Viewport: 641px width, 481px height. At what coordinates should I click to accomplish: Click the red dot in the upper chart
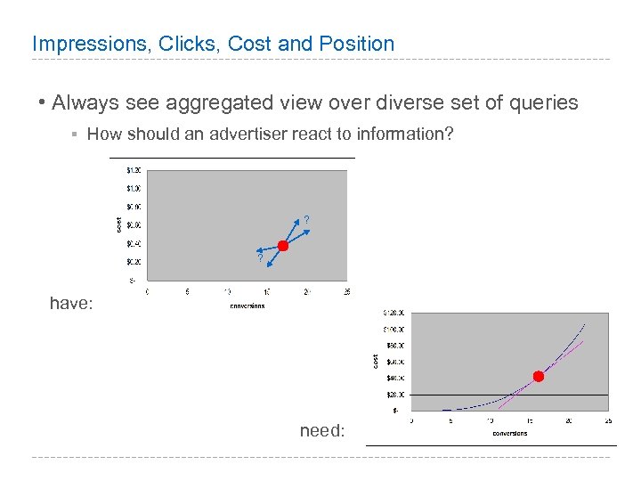click(x=283, y=245)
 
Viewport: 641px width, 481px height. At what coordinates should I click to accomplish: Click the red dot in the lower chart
click(x=538, y=376)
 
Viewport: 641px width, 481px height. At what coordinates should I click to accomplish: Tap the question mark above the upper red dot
click(x=306, y=220)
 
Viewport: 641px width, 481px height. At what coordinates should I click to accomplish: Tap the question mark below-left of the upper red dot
click(x=260, y=257)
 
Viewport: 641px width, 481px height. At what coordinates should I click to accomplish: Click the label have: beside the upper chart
click(x=70, y=304)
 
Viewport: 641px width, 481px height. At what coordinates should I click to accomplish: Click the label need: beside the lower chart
click(x=321, y=431)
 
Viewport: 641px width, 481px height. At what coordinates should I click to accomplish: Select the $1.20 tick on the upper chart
click(x=132, y=169)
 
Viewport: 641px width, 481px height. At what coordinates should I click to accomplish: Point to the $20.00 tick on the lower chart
click(x=394, y=395)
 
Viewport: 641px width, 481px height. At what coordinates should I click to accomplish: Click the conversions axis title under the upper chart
click(x=247, y=306)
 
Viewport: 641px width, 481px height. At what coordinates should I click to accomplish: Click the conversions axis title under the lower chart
click(x=509, y=433)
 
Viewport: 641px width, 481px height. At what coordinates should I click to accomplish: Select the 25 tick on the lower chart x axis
click(x=608, y=420)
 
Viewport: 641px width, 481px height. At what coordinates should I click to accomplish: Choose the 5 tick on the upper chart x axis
click(x=186, y=291)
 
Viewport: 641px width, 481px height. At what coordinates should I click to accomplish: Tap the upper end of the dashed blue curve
click(x=585, y=322)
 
